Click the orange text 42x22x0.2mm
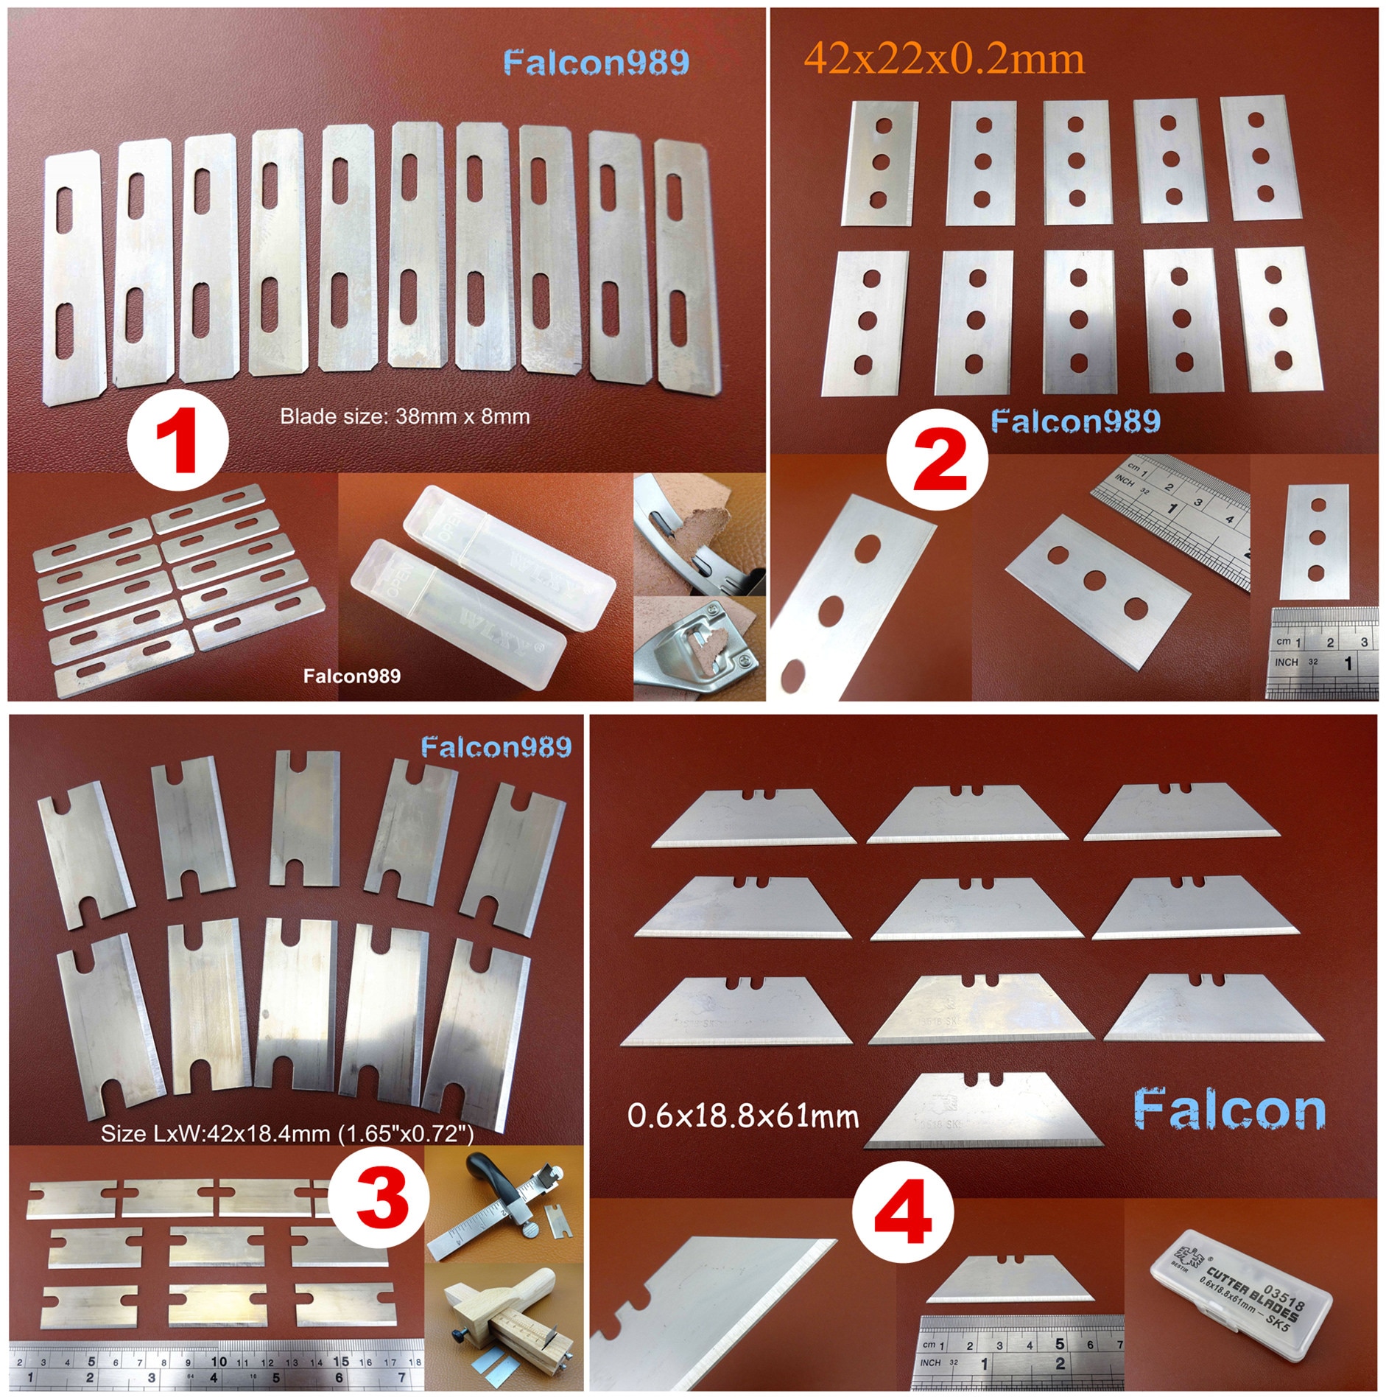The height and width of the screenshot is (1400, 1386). click(944, 59)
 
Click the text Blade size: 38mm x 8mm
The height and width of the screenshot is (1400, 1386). click(404, 417)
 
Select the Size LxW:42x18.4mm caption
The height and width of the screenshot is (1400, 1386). click(287, 1133)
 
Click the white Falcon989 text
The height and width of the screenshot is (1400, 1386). click(352, 676)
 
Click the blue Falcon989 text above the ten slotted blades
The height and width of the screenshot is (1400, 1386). click(596, 63)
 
